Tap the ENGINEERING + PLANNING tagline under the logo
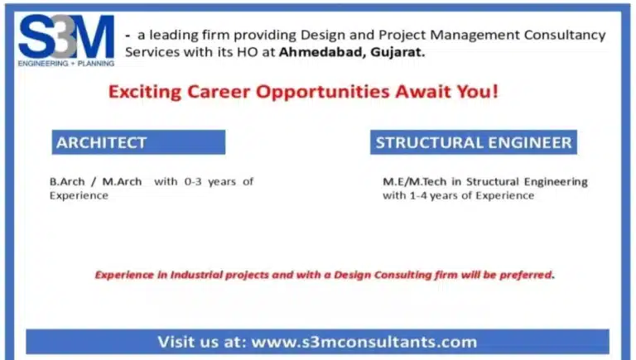tap(66, 63)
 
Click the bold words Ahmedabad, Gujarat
tap(352, 51)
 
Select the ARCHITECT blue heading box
tap(138, 142)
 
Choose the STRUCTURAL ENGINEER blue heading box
tap(473, 142)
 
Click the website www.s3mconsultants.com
tap(364, 342)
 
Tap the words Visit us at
tap(201, 342)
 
